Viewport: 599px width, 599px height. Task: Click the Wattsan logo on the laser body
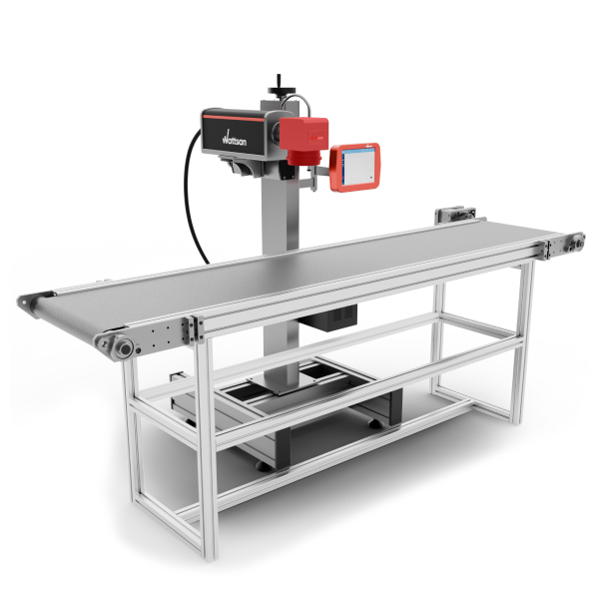pos(235,139)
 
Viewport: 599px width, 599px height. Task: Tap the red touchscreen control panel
pos(354,168)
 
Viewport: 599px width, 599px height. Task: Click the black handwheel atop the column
pos(282,90)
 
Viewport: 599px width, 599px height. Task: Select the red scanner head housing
pos(303,134)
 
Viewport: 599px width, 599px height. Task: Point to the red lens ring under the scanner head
pos(304,158)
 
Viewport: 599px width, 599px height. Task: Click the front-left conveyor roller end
pos(124,348)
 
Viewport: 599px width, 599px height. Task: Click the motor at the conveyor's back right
pos(455,214)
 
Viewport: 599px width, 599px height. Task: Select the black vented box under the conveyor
pos(328,317)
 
